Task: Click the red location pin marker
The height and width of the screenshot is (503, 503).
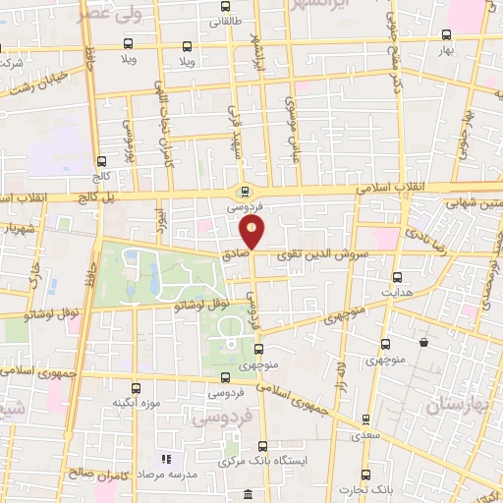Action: (252, 232)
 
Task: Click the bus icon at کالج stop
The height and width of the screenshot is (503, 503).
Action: (102, 161)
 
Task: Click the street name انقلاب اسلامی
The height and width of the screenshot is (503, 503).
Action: (390, 186)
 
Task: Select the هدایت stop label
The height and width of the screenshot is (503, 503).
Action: (397, 294)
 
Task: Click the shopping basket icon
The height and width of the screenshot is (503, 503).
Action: (422, 343)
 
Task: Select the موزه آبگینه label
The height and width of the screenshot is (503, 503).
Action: (135, 403)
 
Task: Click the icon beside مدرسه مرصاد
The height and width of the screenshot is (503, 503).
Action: (166, 459)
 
